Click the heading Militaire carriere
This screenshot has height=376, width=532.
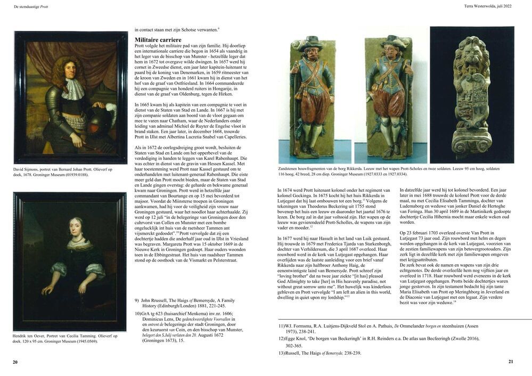tap(158, 40)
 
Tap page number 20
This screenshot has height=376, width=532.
tap(15, 362)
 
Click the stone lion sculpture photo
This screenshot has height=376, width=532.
tap(472, 94)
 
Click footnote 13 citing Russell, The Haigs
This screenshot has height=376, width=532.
tap(320, 353)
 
